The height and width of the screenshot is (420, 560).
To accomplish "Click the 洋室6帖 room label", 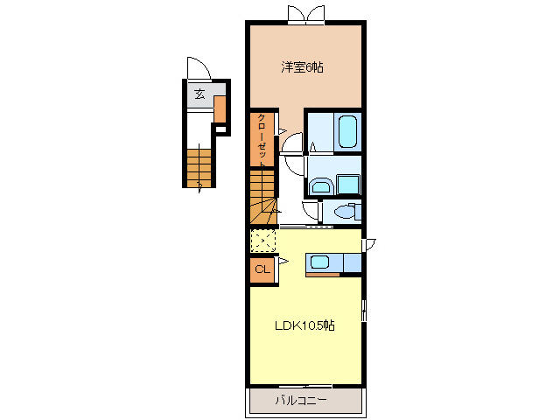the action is click(302, 67).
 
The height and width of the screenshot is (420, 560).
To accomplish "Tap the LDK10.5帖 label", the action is click(304, 325).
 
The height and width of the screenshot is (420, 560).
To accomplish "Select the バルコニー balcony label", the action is click(301, 401).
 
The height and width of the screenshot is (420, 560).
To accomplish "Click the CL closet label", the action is click(262, 269).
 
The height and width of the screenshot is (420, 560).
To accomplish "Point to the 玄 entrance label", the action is click(199, 94).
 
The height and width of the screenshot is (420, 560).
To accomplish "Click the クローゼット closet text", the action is click(262, 140).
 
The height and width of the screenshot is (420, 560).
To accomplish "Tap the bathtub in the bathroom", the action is click(347, 131).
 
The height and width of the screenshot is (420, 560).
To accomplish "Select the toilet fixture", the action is click(347, 212).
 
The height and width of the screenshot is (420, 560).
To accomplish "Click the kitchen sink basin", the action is click(319, 262).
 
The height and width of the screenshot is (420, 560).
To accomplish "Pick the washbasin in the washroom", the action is click(322, 186).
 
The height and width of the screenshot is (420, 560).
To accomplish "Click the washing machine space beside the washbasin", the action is click(348, 185).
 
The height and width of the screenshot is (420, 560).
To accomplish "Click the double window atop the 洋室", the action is click(306, 15).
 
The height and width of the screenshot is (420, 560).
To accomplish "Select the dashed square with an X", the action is click(263, 241).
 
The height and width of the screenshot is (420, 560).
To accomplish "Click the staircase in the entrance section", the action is click(199, 168).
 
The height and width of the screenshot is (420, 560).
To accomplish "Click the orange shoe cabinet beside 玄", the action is click(220, 108).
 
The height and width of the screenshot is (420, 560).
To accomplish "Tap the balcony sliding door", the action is click(305, 386).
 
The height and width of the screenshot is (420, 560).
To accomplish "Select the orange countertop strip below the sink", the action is click(323, 275).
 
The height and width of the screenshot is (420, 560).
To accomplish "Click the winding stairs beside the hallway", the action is click(263, 197).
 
